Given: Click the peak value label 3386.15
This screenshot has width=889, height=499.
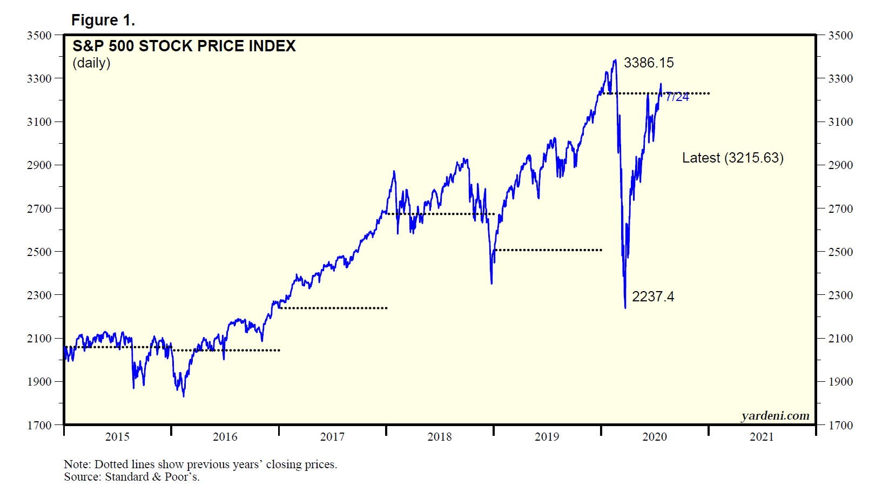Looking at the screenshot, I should coord(648,63).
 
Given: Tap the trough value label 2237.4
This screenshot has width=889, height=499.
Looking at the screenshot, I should coord(652,296).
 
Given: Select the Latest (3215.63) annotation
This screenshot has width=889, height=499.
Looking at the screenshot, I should coord(732,158).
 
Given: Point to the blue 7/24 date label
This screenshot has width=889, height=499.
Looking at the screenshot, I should coord(677,97).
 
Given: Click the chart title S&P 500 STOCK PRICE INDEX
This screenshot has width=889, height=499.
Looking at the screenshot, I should coord(184,46).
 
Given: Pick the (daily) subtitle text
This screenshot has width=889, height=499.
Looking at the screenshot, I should coord(91,63).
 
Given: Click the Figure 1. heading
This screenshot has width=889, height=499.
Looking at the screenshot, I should coord(103,20).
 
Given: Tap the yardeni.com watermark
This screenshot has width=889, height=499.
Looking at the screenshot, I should coord(775,415).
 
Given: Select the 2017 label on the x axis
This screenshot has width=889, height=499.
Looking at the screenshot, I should coord(332,437).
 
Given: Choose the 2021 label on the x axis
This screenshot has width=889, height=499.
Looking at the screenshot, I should coord(762,437).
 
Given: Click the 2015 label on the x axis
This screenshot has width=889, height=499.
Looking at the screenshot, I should coord(117,437).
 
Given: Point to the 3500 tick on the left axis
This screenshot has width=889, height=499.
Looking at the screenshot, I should coord(39,36).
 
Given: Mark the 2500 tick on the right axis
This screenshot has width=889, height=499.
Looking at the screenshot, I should coord(841,252).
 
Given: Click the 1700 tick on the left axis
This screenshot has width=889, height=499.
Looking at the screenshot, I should coord(39,426).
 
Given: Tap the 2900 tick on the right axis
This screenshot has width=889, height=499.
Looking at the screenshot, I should coord(841,165).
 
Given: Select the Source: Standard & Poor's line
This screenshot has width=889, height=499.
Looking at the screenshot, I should coord(132,477).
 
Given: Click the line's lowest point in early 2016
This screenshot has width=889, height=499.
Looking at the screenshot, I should coord(184,396).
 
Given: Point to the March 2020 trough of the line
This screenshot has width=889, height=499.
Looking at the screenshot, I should coord(625,308).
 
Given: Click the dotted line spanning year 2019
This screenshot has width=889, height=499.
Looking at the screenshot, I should coord(548,250).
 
